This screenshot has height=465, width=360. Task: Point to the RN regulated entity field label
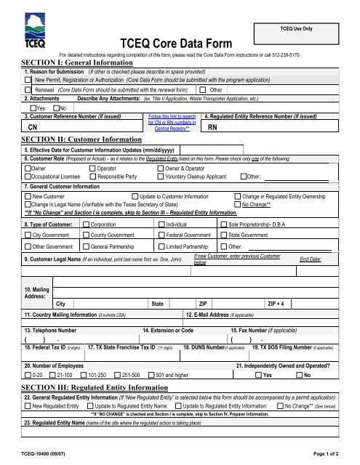pyautogui.click(x=212, y=127)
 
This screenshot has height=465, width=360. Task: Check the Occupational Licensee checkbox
pyautogui.click(x=28, y=176)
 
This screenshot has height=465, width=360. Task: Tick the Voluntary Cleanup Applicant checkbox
pyautogui.click(x=161, y=176)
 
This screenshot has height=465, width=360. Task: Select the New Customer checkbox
pyautogui.click(x=28, y=196)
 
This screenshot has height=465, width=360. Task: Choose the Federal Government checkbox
pyautogui.click(x=161, y=236)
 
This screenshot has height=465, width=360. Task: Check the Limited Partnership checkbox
pyautogui.click(x=161, y=247)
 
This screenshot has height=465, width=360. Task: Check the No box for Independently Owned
pyautogui.click(x=300, y=375)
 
